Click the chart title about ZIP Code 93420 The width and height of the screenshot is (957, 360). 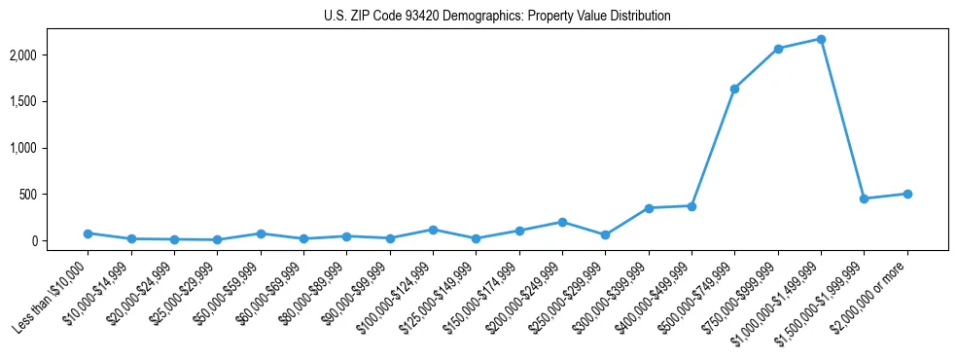497,17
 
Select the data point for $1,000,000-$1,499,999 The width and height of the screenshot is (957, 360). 822,39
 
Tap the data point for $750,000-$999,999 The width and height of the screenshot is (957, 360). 778,49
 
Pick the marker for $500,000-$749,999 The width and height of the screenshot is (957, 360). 734,89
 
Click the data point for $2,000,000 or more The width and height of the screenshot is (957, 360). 907,194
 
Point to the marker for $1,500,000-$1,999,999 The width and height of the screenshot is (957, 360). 864,198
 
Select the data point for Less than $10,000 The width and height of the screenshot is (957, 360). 88,234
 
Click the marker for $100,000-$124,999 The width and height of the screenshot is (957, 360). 433,230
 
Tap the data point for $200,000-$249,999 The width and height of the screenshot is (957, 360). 562,222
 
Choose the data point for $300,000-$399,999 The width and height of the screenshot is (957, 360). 649,208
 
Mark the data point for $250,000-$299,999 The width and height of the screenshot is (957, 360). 605,234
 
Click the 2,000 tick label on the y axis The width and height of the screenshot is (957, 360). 51,55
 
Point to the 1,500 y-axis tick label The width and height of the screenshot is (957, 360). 51,101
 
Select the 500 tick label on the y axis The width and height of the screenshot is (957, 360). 56,195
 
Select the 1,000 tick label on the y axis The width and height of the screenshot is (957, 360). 51,148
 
